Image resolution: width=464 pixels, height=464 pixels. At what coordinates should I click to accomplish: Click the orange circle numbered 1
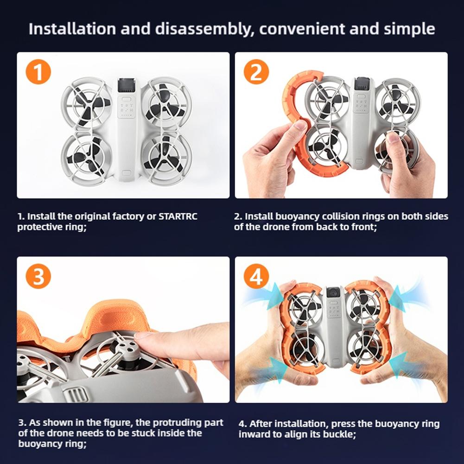[38, 71]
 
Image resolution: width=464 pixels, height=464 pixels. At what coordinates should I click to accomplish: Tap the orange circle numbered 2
[256, 71]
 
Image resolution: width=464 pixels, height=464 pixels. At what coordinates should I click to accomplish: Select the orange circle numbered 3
[38, 276]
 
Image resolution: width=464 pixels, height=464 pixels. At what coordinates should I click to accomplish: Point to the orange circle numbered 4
[256, 276]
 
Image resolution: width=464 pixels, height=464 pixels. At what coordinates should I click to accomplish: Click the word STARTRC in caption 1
[178, 216]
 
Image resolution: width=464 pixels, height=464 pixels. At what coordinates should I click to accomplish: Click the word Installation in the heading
[72, 29]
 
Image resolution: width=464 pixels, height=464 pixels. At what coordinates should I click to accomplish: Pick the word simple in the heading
[410, 30]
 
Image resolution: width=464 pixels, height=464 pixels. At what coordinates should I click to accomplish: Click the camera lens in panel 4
[333, 293]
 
